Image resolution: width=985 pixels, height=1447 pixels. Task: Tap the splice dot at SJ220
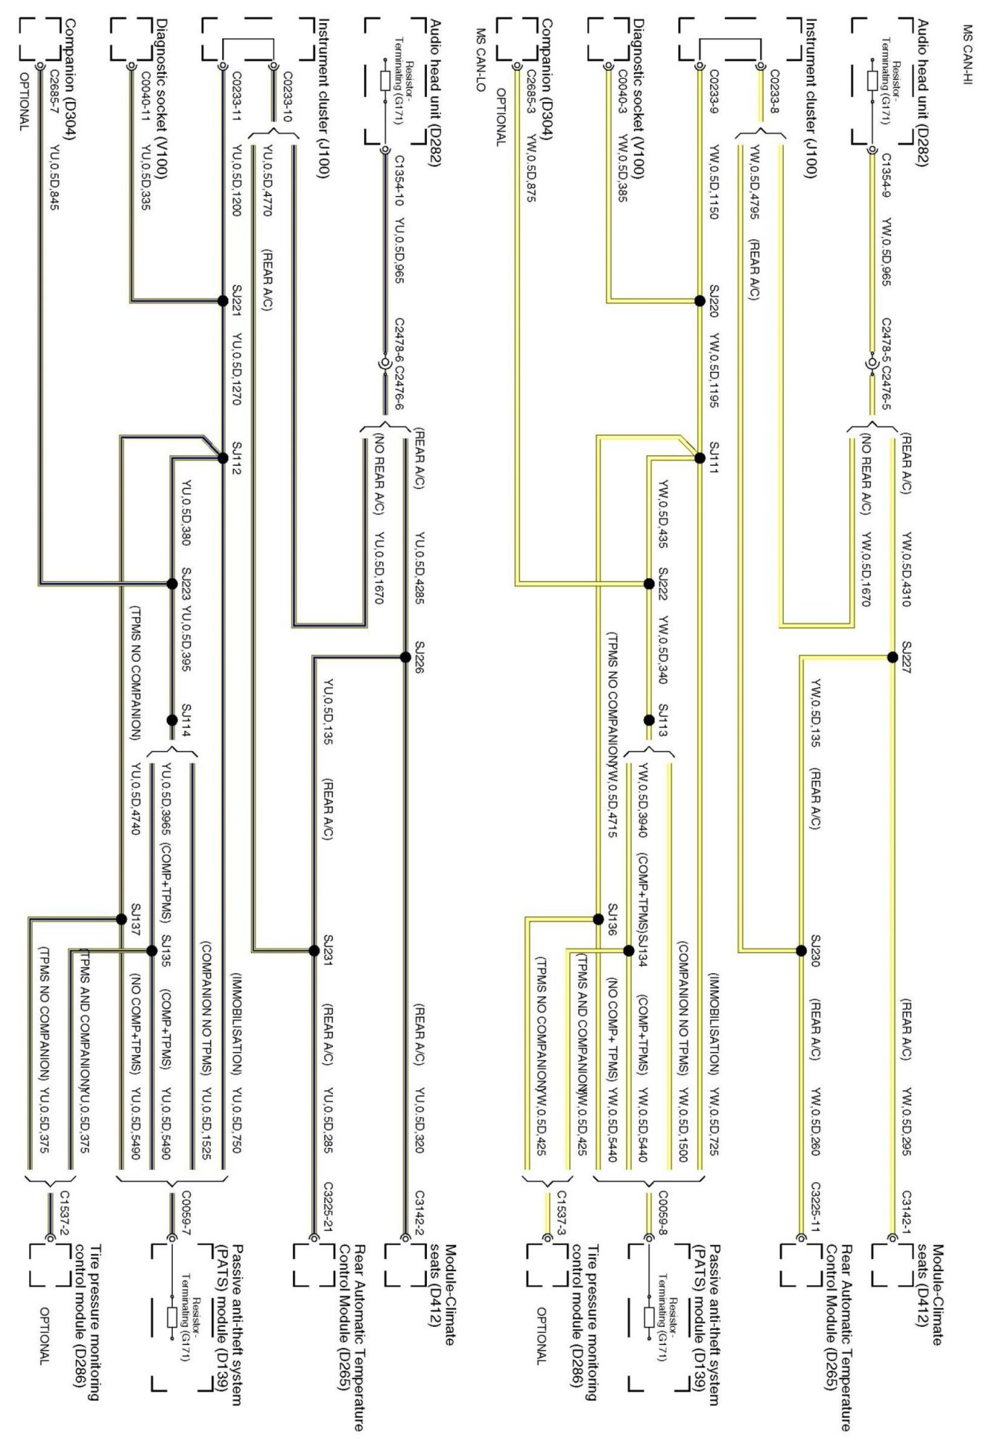coord(699,301)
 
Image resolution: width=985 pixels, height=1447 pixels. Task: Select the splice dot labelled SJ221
coord(223,301)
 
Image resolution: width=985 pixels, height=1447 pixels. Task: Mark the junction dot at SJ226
coord(405,657)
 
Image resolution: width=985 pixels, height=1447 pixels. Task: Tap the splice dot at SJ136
coord(598,919)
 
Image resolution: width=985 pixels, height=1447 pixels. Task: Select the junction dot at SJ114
coord(172,720)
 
